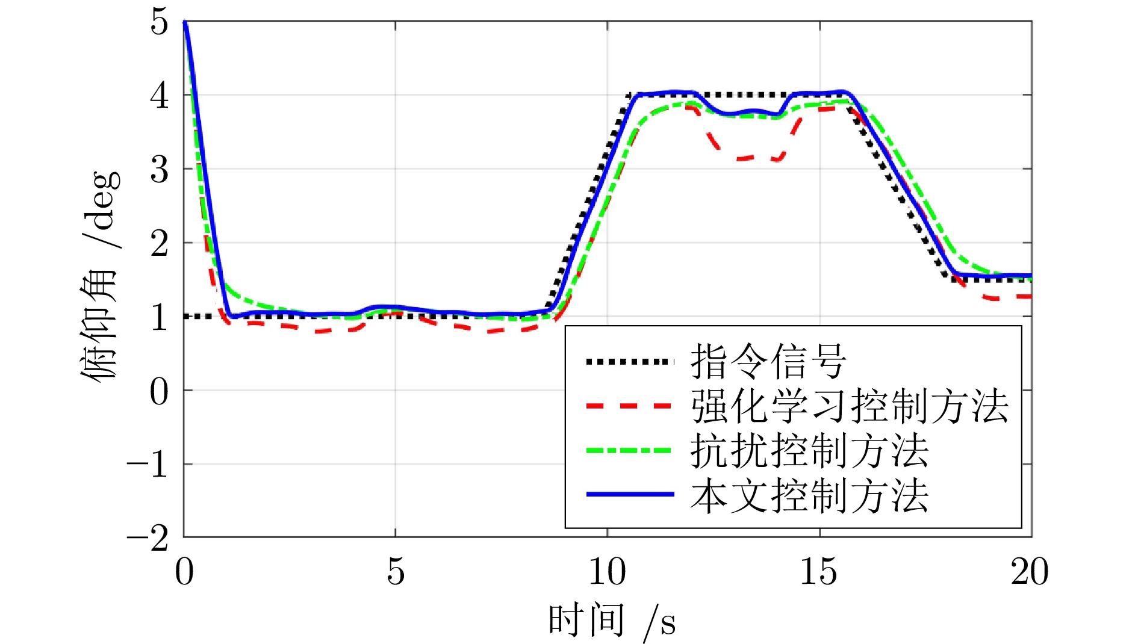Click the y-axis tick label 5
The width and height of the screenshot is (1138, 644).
pyautogui.click(x=159, y=23)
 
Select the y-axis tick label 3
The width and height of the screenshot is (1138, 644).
pyautogui.click(x=159, y=170)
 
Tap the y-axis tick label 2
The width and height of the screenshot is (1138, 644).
pyautogui.click(x=159, y=244)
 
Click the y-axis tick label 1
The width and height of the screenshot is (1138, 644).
pyautogui.click(x=159, y=318)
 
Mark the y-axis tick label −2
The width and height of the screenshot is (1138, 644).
pyautogui.click(x=147, y=539)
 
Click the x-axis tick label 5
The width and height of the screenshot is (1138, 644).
pyautogui.click(x=396, y=572)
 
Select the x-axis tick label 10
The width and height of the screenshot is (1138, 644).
pyautogui.click(x=607, y=572)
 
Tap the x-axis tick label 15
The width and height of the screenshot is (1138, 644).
pyautogui.click(x=819, y=572)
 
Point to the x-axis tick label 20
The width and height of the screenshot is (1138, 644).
pyautogui.click(x=1030, y=572)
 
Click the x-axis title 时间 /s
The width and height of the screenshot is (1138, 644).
pyautogui.click(x=612, y=621)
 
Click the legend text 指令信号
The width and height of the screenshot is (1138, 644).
pyautogui.click(x=768, y=362)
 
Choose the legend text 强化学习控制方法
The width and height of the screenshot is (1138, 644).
pyautogui.click(x=849, y=406)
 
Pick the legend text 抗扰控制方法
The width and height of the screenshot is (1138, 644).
pyautogui.click(x=809, y=451)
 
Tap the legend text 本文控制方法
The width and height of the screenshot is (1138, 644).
pyautogui.click(x=809, y=495)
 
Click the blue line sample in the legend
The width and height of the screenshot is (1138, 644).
pyautogui.click(x=630, y=494)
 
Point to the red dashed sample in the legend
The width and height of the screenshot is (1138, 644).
pyautogui.click(x=630, y=406)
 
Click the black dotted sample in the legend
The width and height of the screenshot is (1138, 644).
pyautogui.click(x=630, y=362)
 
